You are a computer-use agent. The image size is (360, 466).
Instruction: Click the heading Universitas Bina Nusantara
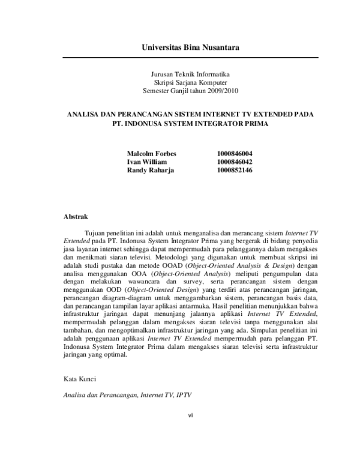tap(186, 47)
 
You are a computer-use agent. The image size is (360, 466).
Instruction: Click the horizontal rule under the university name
tap(186, 57)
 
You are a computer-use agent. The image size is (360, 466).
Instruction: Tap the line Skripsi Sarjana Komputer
tap(186, 83)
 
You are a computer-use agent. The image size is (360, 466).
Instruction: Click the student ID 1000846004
tap(234, 154)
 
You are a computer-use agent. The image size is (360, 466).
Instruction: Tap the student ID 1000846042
tap(234, 162)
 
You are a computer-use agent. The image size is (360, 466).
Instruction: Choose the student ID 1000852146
tap(234, 171)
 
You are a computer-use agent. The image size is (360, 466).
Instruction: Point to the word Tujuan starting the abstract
tap(97, 232)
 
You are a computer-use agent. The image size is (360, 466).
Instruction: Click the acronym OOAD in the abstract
tap(173, 265)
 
